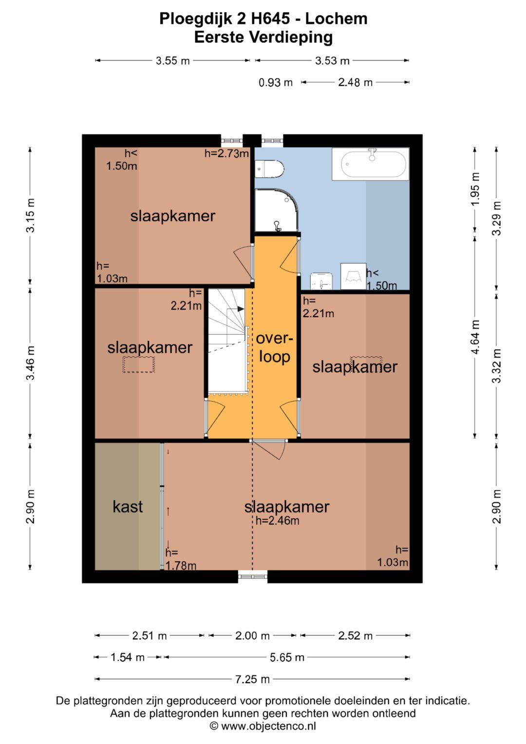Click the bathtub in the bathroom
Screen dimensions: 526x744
(x=370, y=164)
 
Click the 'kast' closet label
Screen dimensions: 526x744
(x=128, y=507)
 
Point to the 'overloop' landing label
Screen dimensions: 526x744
(x=275, y=347)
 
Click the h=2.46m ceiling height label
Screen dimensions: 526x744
(x=277, y=520)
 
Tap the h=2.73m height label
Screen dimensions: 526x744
(x=227, y=153)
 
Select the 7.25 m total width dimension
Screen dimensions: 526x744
(x=252, y=679)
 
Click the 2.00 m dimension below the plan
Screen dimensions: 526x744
(x=252, y=635)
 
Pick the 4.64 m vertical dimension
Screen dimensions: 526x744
(x=475, y=337)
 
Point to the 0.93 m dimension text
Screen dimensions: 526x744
(x=276, y=82)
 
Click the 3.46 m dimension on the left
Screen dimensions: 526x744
(x=30, y=363)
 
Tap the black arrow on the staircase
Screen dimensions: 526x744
(x=241, y=309)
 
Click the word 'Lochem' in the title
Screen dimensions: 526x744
(x=337, y=19)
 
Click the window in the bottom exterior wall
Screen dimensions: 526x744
(x=253, y=576)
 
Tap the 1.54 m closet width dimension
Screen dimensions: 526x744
(x=128, y=657)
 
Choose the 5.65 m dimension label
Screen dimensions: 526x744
(x=287, y=657)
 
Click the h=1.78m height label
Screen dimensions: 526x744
(x=181, y=559)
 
